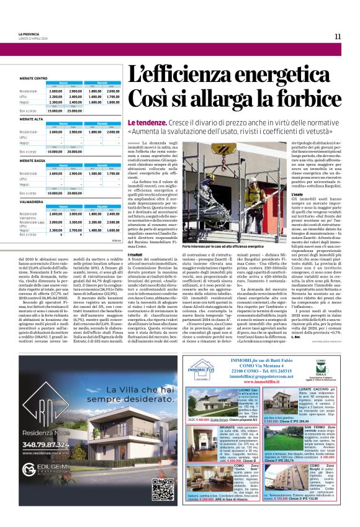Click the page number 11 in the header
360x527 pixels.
click(x=338, y=37)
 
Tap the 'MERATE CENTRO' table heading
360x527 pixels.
click(x=34, y=78)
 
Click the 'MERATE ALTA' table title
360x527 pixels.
click(x=31, y=119)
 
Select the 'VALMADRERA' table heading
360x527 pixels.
click(x=31, y=202)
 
